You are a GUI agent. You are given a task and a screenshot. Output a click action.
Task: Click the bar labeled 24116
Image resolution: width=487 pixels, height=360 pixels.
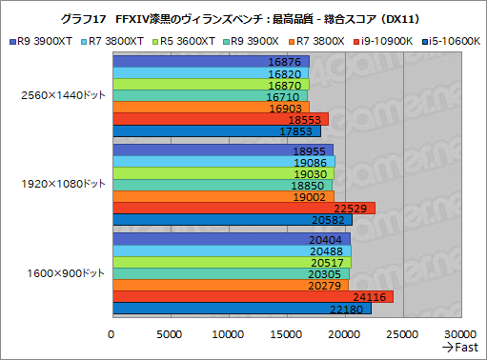253,295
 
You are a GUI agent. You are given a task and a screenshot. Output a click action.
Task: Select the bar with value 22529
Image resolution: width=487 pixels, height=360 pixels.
243,208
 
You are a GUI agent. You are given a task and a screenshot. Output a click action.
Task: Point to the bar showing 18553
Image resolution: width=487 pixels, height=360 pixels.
220,119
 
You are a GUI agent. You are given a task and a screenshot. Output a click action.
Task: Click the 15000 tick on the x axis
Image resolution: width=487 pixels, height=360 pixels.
287,334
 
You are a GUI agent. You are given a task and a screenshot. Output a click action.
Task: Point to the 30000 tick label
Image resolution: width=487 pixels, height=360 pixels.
461,334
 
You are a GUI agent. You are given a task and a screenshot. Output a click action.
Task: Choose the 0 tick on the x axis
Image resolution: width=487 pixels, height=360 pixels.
112,334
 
